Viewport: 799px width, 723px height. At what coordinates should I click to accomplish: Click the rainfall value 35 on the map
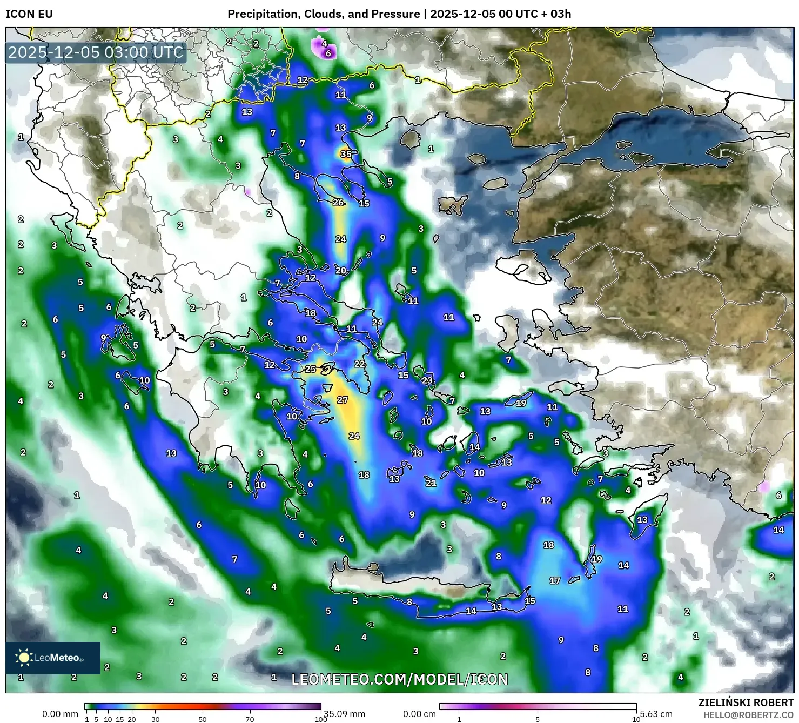coord(346,154)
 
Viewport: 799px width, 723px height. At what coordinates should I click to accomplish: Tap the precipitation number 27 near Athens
coord(343,400)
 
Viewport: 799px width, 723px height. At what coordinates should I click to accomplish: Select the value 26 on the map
coord(338,203)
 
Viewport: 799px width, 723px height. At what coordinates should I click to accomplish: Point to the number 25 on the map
coord(310,369)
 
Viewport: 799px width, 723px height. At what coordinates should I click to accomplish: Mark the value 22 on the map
coord(360,364)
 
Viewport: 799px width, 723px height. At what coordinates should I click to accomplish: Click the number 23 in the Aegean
coord(427,380)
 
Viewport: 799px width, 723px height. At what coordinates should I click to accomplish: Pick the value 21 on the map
coord(431,483)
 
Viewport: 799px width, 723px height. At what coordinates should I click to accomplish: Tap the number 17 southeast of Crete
coord(555,580)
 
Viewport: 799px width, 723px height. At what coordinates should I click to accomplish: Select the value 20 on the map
coord(341,271)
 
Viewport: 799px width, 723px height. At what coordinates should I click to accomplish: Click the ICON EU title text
coord(29,14)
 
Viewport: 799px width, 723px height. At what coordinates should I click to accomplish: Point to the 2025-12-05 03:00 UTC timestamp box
coord(96,52)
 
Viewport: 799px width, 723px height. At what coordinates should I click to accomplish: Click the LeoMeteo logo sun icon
coord(24,658)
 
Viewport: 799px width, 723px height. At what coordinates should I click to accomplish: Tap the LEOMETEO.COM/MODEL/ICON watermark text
coord(400,679)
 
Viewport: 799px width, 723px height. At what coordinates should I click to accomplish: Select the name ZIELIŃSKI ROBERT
coord(746,702)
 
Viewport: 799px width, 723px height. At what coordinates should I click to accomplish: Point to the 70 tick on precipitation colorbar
coord(250,719)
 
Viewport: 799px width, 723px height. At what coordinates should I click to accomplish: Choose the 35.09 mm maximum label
coord(344,714)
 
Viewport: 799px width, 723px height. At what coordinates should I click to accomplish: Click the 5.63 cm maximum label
coord(656,714)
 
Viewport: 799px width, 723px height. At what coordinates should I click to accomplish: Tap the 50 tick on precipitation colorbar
coord(203,719)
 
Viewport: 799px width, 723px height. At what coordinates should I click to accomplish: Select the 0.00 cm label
coord(419,714)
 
